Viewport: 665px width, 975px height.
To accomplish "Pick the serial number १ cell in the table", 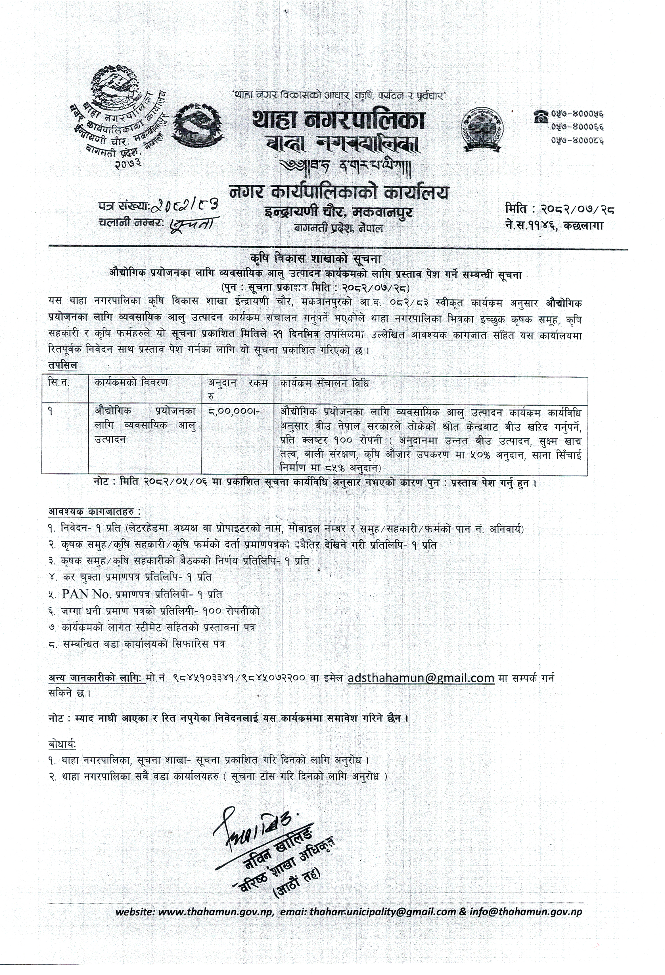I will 51,412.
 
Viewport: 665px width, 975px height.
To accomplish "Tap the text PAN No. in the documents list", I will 81,594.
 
